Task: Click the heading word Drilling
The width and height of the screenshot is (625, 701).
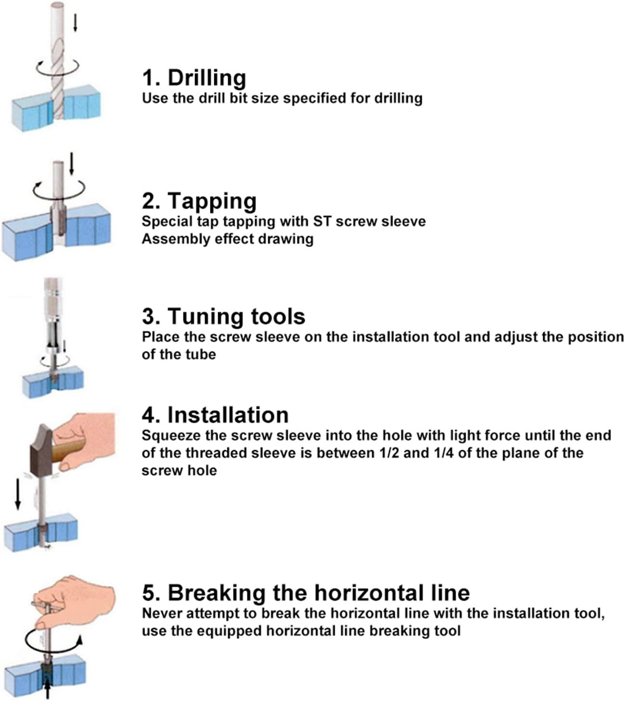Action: click(207, 78)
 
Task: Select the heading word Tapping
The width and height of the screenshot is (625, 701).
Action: click(212, 202)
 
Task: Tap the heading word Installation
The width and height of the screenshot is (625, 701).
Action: click(228, 415)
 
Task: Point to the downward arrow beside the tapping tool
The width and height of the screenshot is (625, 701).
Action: click(72, 164)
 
